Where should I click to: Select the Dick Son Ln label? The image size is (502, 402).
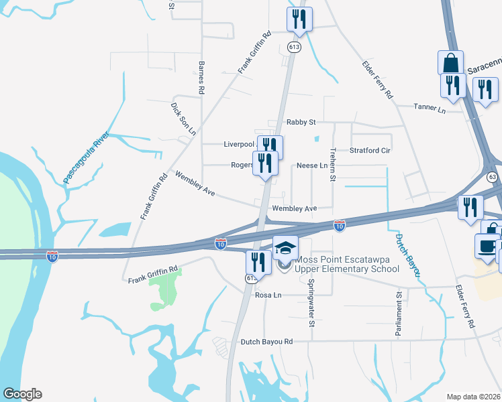(x=183, y=119)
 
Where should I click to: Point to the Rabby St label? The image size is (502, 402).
(x=301, y=122)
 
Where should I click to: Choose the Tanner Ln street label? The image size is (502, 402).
(x=430, y=107)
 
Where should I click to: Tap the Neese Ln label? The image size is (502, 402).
(x=312, y=165)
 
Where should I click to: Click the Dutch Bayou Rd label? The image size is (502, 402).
(x=267, y=342)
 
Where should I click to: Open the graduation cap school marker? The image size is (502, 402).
(x=285, y=247)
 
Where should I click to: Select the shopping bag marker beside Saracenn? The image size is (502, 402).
(x=451, y=63)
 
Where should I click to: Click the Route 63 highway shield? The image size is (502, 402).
(x=493, y=177)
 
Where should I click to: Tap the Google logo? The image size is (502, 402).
(x=22, y=394)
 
